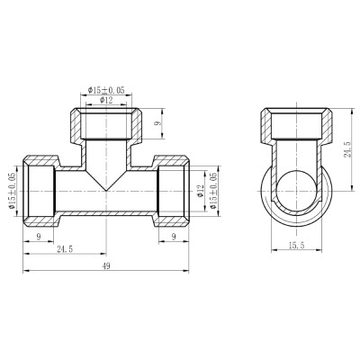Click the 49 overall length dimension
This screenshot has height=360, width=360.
pos(106,265)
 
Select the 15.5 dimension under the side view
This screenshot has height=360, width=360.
pos(296,246)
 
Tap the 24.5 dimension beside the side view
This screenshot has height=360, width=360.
pos(347,149)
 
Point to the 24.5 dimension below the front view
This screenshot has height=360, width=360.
pos(65,248)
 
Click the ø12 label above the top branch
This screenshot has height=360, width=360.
pos(106,100)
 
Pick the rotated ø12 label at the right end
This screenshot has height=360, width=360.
pos(201,191)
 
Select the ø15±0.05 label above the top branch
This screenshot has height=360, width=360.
pos(106,90)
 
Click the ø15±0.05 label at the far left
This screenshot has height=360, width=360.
pos(12,191)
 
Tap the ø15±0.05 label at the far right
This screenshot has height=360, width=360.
pos(213,191)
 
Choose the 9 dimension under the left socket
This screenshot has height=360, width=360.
pos(39,237)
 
